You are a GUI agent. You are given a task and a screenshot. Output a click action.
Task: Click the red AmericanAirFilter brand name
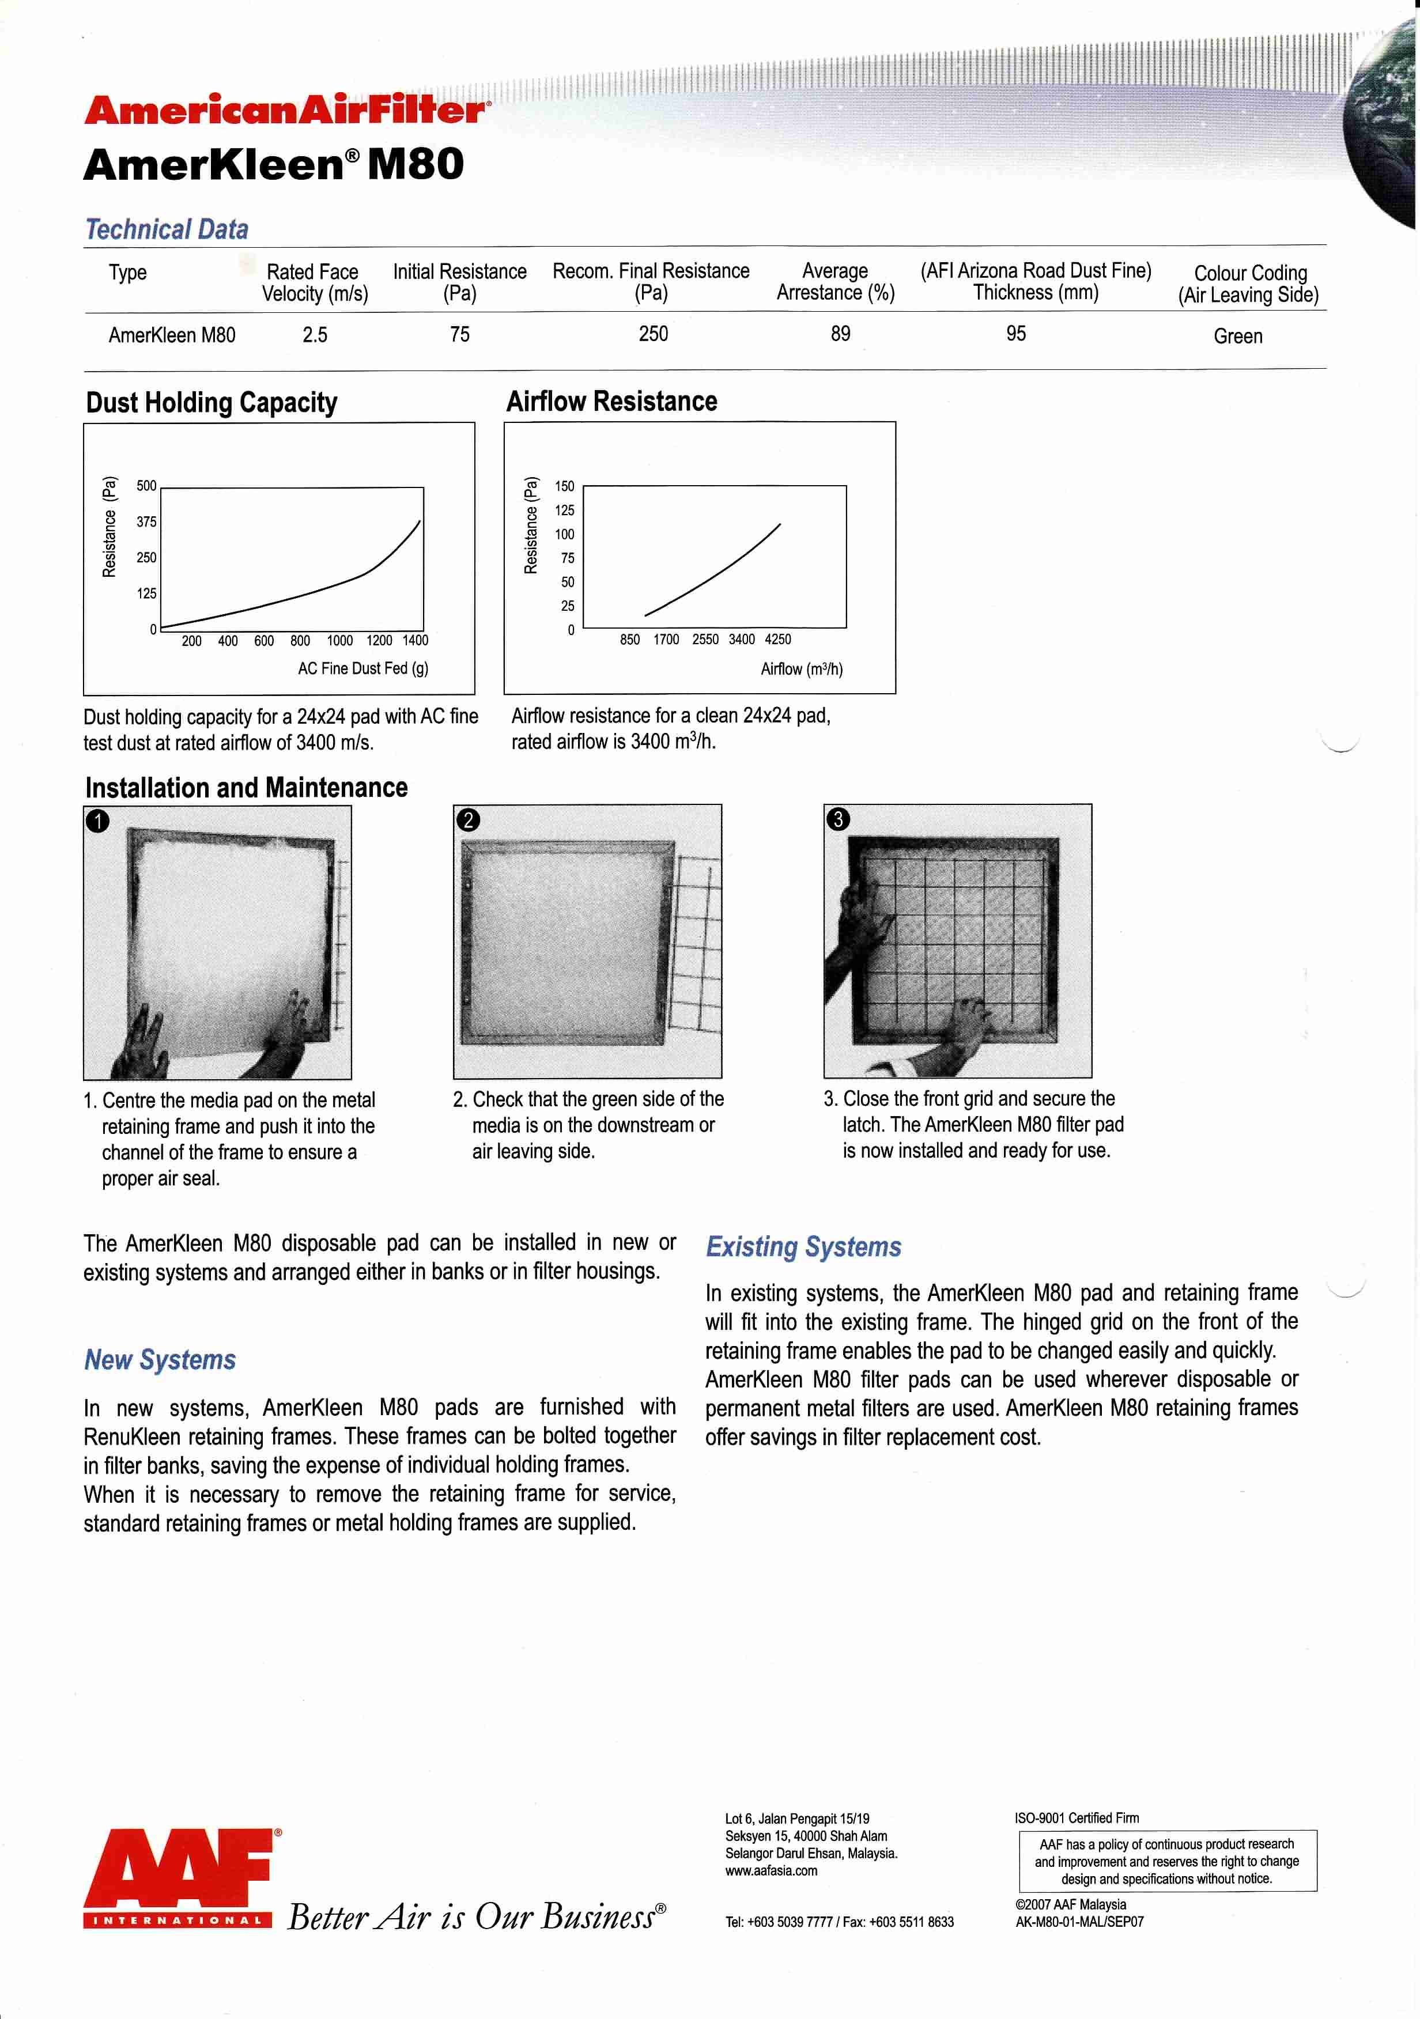(x=286, y=110)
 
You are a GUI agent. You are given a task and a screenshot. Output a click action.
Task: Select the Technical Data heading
(x=167, y=229)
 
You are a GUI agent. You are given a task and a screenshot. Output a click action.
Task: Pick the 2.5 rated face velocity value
(x=315, y=335)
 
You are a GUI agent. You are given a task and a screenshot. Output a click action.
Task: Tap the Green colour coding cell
(x=1238, y=336)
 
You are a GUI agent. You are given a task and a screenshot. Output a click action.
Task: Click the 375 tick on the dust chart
(x=146, y=521)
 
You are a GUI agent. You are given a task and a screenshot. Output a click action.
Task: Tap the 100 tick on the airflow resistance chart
(x=564, y=534)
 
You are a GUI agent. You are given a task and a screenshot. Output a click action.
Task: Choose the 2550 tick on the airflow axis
(x=705, y=639)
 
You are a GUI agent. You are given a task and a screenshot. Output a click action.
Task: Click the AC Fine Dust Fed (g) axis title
(x=363, y=668)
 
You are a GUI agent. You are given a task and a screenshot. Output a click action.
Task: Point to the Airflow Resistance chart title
(x=612, y=402)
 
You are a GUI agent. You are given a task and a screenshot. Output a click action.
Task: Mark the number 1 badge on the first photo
(x=97, y=821)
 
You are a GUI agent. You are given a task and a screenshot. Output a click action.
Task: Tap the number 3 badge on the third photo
(x=838, y=819)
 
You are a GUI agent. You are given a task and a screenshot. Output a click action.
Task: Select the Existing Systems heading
(x=803, y=1247)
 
